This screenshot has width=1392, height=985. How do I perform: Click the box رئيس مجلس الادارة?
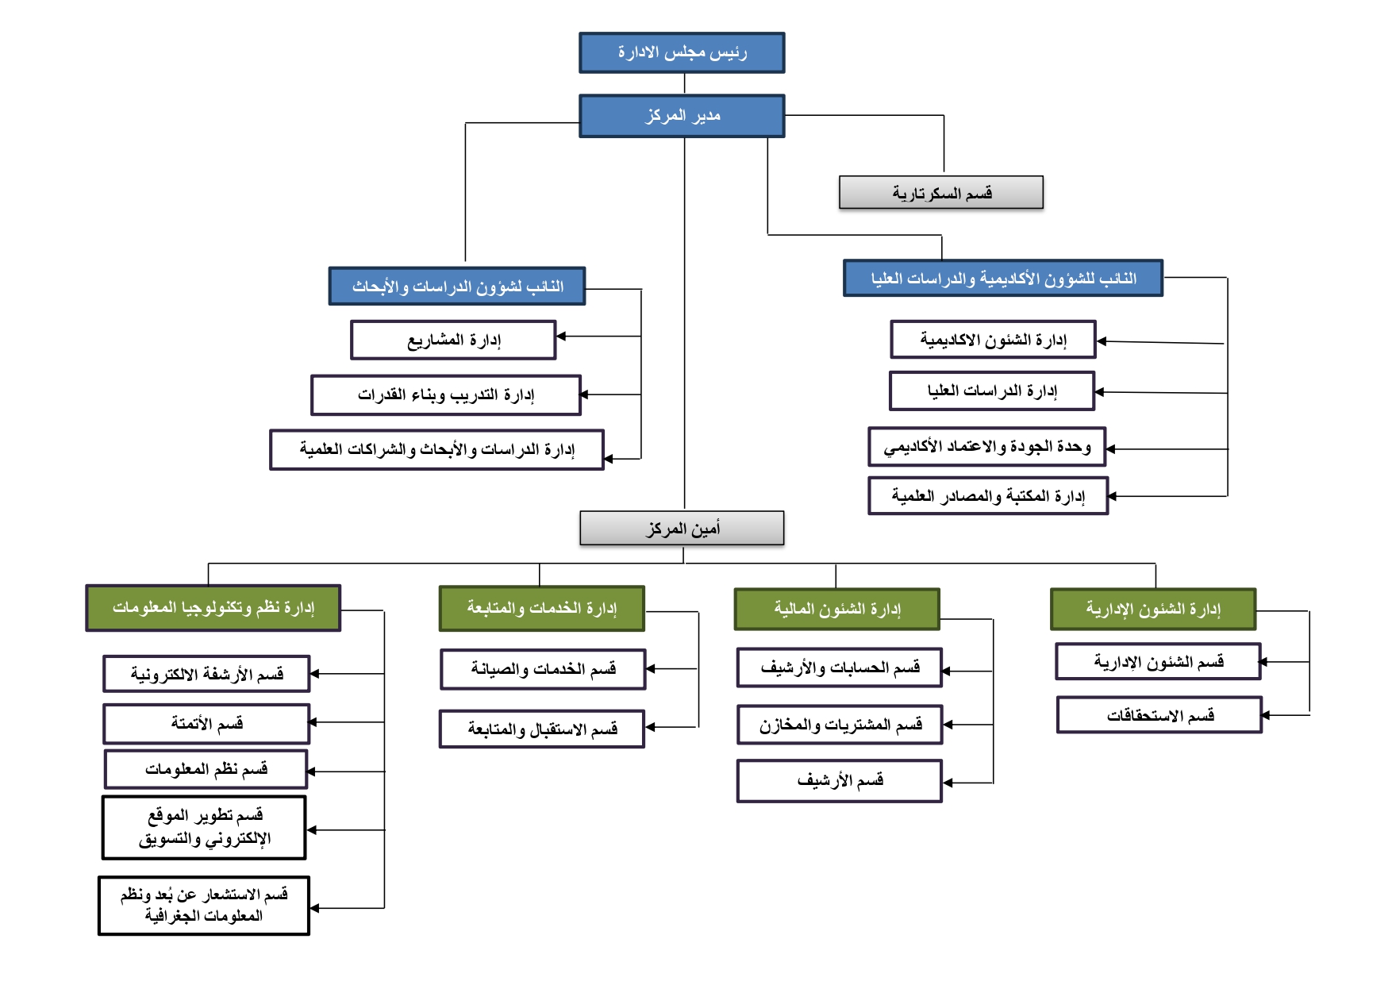pos(682,52)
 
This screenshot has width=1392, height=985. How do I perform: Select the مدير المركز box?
pos(682,116)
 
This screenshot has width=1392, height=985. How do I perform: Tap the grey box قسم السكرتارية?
pos(941,193)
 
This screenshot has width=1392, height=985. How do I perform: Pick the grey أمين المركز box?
pos(682,528)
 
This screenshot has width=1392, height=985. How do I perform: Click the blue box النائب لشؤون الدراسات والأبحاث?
pos(457,287)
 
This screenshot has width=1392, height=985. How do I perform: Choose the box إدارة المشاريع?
pos(453,341)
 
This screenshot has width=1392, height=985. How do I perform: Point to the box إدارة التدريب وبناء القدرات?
pos(446,395)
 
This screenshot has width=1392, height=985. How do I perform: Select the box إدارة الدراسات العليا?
pos(992,391)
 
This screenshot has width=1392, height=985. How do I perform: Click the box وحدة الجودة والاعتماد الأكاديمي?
pos(986,447)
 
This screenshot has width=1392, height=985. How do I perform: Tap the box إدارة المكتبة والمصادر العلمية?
pos(987,496)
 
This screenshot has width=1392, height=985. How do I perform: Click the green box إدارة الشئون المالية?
pos(836,610)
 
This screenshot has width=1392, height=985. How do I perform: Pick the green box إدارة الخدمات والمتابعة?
pos(541,609)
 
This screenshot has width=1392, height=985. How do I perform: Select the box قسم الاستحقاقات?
pos(1159,715)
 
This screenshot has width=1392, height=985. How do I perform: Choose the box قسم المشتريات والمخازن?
pos(840,725)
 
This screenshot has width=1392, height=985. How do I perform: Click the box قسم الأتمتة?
pos(206,723)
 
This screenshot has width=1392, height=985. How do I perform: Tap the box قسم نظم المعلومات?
pos(206,769)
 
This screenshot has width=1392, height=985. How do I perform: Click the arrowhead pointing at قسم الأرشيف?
pos(948,783)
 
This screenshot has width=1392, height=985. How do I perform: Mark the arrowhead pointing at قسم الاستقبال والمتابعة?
pos(650,727)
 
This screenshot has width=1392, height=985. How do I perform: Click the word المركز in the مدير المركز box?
pos(665,116)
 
